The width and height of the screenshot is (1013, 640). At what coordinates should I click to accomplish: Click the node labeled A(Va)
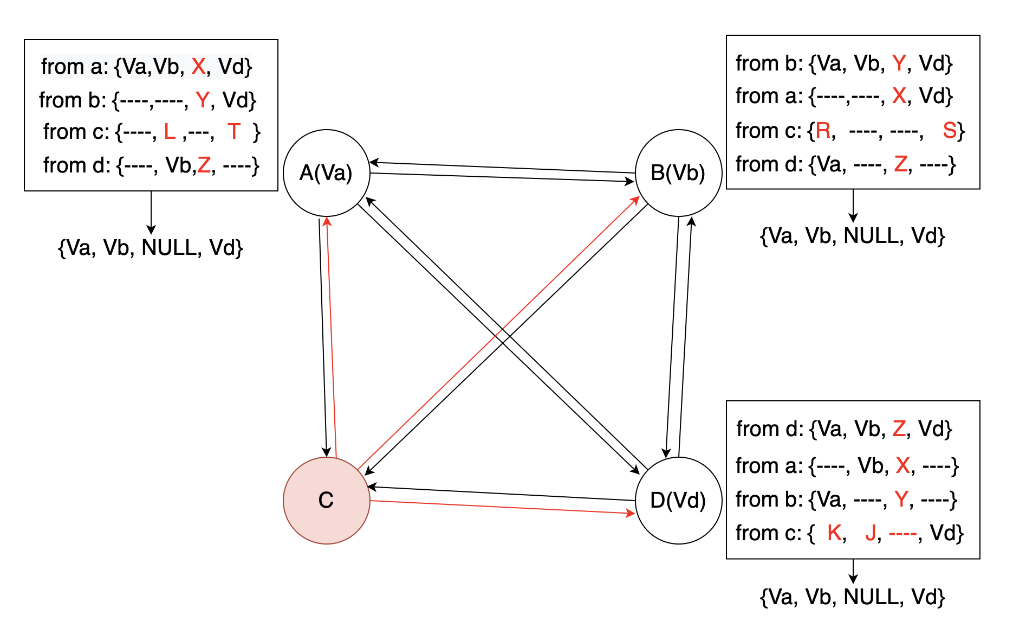click(x=326, y=173)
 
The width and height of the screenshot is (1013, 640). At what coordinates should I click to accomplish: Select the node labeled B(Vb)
click(x=678, y=173)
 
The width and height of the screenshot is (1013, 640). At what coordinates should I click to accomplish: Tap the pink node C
click(x=326, y=500)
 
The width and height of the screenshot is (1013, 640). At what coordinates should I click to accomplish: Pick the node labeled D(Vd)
click(x=678, y=500)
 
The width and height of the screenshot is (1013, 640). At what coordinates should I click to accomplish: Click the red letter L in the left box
click(x=170, y=132)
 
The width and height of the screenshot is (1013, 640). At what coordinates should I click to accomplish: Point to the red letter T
click(x=233, y=132)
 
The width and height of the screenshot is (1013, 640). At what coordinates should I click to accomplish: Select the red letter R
click(x=823, y=131)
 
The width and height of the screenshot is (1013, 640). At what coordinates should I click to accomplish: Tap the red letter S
click(x=950, y=131)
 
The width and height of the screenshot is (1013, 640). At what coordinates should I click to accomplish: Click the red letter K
click(x=834, y=533)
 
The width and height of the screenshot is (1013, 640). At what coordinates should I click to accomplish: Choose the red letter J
click(x=871, y=533)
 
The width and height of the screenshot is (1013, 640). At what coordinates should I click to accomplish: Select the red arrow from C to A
click(x=331, y=336)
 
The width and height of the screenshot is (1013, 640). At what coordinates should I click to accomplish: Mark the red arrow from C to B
click(x=498, y=334)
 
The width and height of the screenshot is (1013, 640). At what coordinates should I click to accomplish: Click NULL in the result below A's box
click(x=170, y=248)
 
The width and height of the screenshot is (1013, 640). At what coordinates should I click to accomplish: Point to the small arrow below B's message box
click(x=853, y=206)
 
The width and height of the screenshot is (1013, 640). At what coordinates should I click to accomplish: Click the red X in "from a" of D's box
click(x=902, y=465)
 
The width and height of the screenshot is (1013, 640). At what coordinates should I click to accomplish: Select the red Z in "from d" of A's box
click(x=204, y=165)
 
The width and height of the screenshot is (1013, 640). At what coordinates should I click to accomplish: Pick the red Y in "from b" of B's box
click(x=899, y=63)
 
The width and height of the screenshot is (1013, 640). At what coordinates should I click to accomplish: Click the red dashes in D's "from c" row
click(x=902, y=534)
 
